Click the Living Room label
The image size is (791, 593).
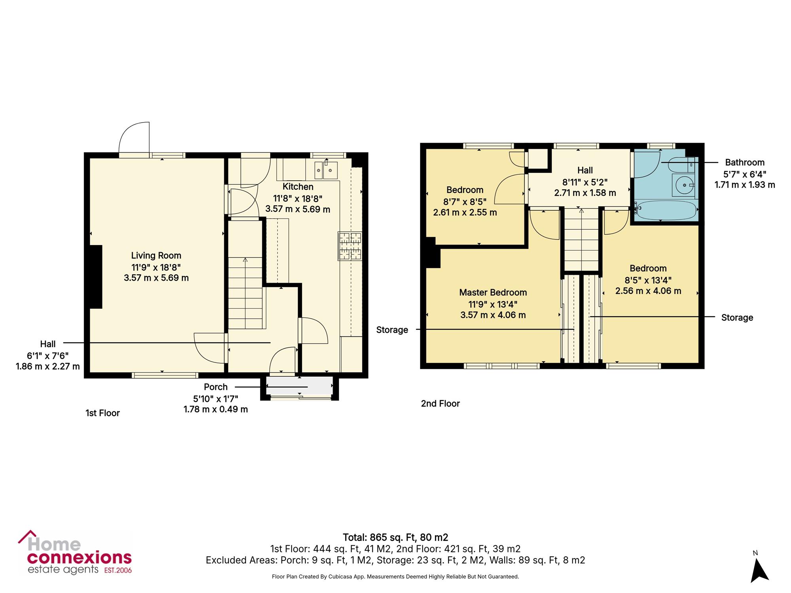point(156,256)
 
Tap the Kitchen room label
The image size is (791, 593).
point(298,187)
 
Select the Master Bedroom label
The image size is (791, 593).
point(493,293)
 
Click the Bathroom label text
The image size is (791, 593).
point(745,162)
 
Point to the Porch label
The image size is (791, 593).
point(216,387)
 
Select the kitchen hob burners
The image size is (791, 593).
point(350,246)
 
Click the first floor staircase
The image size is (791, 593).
point(245,293)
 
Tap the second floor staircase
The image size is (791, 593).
point(581,240)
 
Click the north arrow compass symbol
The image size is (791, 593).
point(759,568)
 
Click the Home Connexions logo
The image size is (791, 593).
point(75,552)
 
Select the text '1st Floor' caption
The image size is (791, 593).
point(102,413)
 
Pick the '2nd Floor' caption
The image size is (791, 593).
point(440,404)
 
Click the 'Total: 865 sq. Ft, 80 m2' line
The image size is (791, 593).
point(395,537)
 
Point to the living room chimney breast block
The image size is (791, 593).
point(96,277)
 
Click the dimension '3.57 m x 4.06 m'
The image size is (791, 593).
point(493,315)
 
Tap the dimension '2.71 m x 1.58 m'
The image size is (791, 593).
point(585,193)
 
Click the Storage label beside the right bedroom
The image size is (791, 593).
point(737,317)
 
